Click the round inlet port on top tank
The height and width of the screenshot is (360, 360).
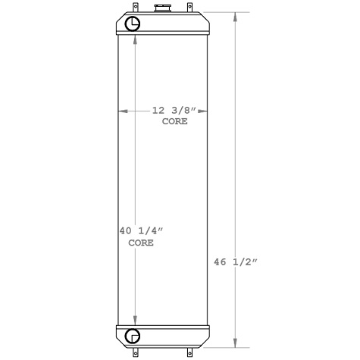[133, 23]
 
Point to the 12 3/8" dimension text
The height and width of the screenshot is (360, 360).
[174, 111]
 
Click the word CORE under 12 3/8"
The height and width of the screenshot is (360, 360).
[174, 121]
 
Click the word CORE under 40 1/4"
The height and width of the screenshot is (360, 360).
[140, 243]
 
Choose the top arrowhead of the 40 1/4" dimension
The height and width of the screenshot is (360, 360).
[135, 40]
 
